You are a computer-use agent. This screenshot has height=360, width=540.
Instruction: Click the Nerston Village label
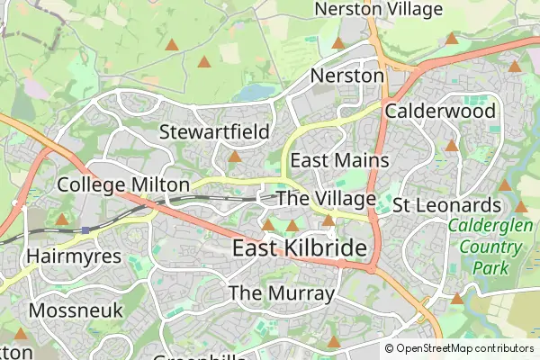point(379,10)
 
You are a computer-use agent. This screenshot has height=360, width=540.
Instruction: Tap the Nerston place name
point(347,76)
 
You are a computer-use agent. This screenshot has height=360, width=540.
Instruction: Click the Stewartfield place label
point(214,132)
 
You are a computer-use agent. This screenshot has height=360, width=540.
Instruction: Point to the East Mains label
point(339,160)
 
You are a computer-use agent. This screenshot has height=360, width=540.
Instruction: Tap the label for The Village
point(325,198)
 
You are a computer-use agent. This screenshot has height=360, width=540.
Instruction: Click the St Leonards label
point(445,205)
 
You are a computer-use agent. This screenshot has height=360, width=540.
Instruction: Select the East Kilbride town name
point(300,248)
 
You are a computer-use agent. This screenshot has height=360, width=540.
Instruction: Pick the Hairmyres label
point(74,256)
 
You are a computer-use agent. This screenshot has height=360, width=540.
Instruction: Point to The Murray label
point(282,293)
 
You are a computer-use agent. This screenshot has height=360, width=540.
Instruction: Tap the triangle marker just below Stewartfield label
point(235,157)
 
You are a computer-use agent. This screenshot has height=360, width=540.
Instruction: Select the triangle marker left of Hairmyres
point(62,219)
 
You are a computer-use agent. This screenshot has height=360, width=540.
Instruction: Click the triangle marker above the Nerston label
point(338,42)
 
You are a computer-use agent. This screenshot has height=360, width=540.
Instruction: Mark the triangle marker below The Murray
point(334,341)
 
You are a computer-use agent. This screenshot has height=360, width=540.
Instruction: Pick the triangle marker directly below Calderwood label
point(452,145)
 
